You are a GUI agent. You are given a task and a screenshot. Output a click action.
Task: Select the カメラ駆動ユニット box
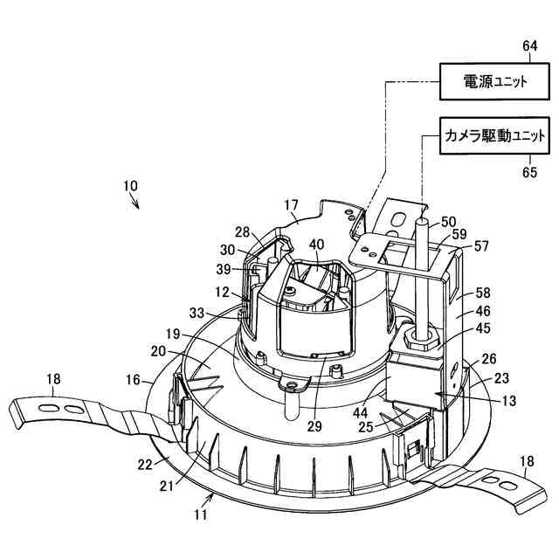(494, 136)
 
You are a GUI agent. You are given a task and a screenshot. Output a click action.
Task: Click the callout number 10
(129, 186)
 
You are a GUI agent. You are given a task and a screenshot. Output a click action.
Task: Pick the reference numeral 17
(291, 206)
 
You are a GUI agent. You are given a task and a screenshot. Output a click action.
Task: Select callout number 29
(314, 426)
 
